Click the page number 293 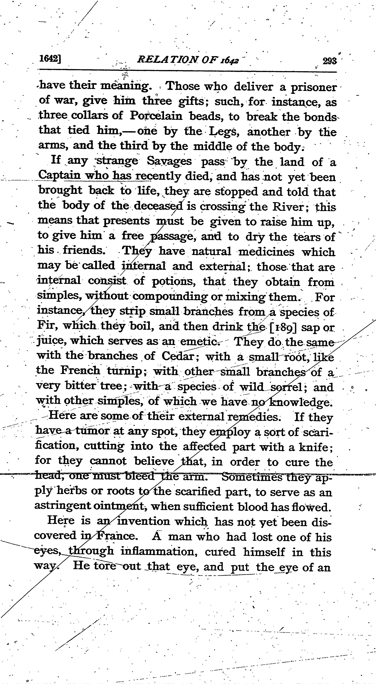(x=330, y=61)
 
